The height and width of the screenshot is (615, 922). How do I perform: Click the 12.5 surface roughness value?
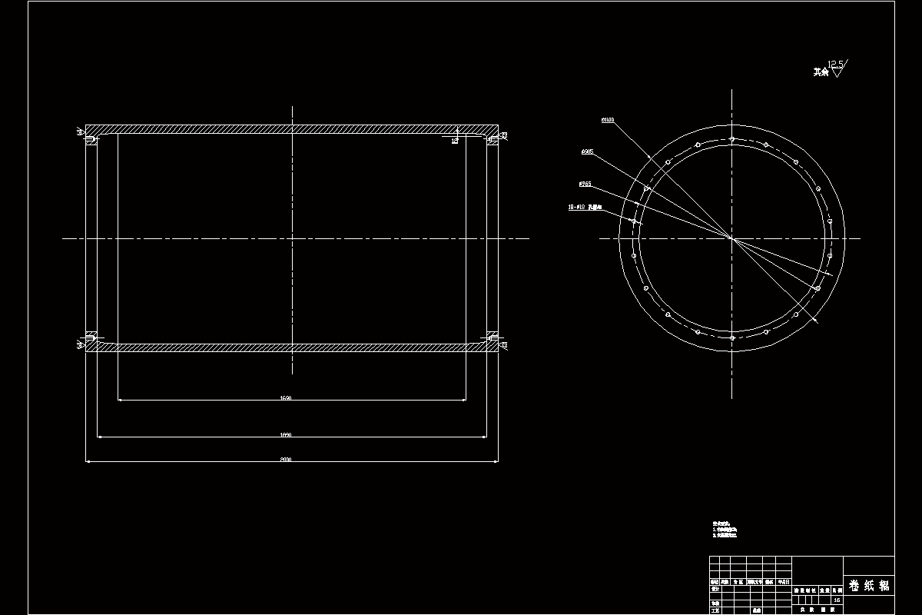pyautogui.click(x=834, y=64)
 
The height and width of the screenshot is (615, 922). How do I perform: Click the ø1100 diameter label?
pyautogui.click(x=608, y=120)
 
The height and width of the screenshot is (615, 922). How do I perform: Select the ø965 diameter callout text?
pyautogui.click(x=587, y=152)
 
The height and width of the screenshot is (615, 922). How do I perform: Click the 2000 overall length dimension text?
pyautogui.click(x=286, y=460)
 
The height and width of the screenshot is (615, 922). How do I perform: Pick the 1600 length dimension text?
pyautogui.click(x=286, y=398)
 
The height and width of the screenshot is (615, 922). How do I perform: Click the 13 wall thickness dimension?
pyautogui.click(x=454, y=141)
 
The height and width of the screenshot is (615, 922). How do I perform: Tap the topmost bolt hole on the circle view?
pyautogui.click(x=732, y=139)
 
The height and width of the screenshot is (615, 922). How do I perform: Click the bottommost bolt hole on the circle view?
pyautogui.click(x=732, y=337)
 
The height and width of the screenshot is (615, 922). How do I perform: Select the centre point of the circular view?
pyautogui.click(x=732, y=238)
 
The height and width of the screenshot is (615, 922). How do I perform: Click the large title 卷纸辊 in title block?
pyautogui.click(x=869, y=586)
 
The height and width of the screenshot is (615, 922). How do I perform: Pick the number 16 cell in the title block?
pyautogui.click(x=836, y=600)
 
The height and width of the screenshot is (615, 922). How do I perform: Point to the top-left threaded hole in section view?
pyautogui.click(x=89, y=138)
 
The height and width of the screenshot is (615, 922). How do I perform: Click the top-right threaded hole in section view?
pyautogui.click(x=493, y=138)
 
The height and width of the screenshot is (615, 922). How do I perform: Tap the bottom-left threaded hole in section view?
pyautogui.click(x=89, y=338)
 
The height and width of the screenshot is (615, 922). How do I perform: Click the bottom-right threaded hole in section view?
pyautogui.click(x=493, y=338)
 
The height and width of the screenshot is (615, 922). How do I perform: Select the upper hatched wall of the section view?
pyautogui.click(x=292, y=129)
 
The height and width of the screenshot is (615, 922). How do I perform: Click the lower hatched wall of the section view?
pyautogui.click(x=292, y=347)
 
